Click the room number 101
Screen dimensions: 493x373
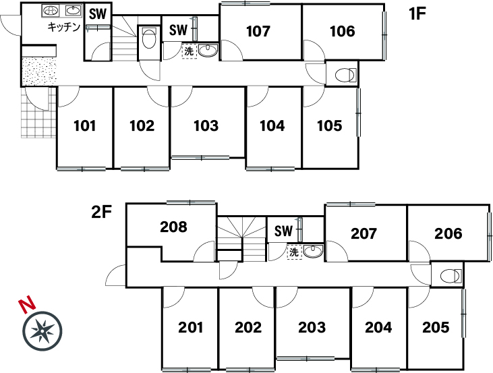pos(84,126)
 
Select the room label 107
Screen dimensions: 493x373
pos(258,31)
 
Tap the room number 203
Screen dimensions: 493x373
pos(312,327)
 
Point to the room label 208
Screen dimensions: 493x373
pos(173,227)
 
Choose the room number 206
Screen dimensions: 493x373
pos(448,233)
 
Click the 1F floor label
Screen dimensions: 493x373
pos(417,13)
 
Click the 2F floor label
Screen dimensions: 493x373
pos(102,212)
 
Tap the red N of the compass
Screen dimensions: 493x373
pos(27,304)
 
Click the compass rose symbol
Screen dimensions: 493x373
pos(42,331)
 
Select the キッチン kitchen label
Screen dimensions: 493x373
pos(65,27)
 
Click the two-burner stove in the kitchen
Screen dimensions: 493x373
pos(51,11)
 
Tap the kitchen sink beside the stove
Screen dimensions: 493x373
pos(73,11)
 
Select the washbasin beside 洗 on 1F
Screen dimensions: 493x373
pos(208,51)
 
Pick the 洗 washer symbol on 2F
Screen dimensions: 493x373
pos(294,252)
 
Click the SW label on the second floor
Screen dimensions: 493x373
pos(283,231)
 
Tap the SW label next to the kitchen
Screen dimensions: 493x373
pos(98,14)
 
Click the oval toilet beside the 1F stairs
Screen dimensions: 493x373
pos(149,38)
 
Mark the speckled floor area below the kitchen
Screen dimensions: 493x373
pos(39,71)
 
